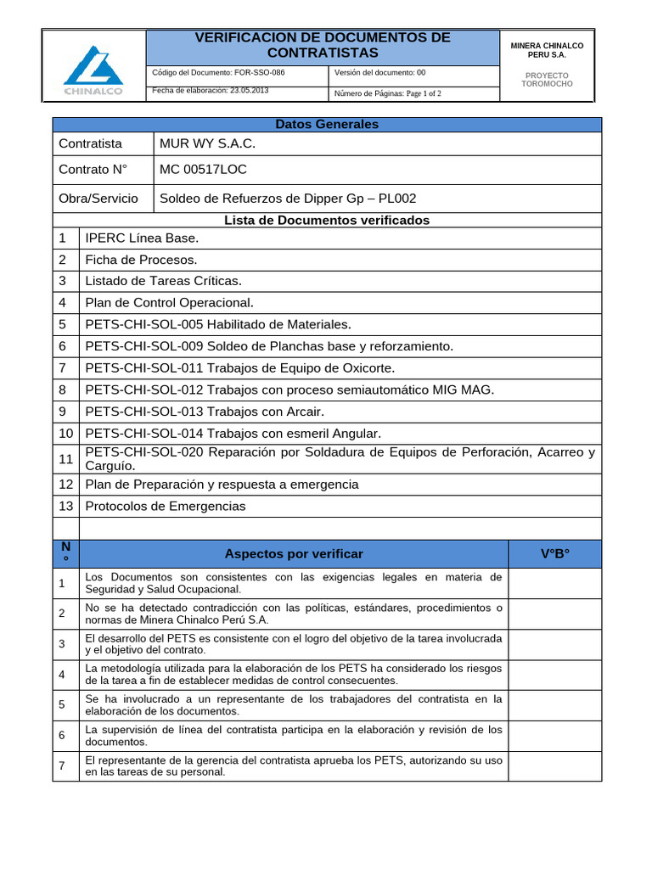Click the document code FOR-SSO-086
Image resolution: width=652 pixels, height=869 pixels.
coord(218,73)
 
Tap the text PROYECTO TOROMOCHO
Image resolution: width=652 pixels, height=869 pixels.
coord(548,80)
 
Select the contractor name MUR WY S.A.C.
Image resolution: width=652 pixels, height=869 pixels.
coord(207,143)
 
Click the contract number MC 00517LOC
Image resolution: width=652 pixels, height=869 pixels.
coord(203,169)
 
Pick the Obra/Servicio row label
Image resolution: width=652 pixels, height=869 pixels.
coord(98,198)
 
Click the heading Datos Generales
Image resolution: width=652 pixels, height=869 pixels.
coord(327,124)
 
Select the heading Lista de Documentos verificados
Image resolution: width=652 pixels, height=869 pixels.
coord(327,220)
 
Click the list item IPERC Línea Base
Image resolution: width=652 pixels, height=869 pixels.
coord(142,238)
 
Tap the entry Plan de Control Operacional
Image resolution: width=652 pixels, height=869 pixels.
coord(169,302)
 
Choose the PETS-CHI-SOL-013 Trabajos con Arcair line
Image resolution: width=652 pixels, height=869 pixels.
coord(204,411)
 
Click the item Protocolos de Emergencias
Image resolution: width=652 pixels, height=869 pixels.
coord(166,506)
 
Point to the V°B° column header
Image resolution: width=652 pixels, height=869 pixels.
coord(555,553)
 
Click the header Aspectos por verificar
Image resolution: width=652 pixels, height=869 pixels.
coord(294,553)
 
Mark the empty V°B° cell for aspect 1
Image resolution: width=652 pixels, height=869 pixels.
coord(555,582)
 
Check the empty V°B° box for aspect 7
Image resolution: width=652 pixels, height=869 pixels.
coord(555,766)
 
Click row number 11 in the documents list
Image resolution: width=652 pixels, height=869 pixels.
coord(65,458)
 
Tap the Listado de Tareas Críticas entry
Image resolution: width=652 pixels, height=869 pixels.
coord(163,280)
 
